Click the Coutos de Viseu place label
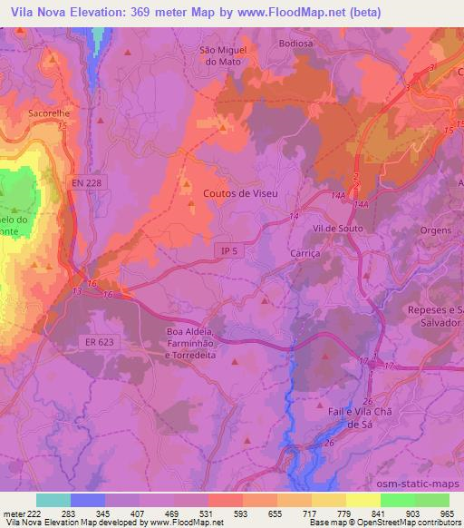(x=240, y=193)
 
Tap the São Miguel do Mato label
(x=222, y=55)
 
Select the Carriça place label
(x=305, y=252)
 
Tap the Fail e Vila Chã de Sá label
(x=348, y=416)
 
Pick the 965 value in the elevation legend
(x=447, y=513)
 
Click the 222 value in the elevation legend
(x=35, y=513)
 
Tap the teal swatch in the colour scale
(x=53, y=500)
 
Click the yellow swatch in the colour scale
(x=363, y=500)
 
